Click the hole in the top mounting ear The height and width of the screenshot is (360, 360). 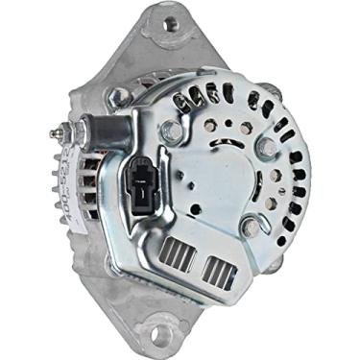[172, 24]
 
